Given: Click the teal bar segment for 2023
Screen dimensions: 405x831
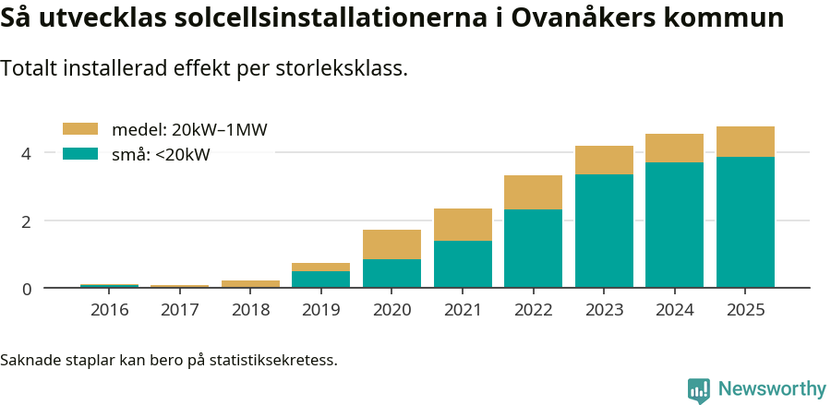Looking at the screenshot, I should (604, 231).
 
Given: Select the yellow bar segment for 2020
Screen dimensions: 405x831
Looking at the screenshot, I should (391, 244).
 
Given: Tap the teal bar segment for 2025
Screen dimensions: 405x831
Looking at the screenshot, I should (745, 222).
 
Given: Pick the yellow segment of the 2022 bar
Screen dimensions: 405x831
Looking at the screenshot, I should (533, 192).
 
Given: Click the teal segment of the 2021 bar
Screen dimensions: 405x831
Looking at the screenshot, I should (463, 264).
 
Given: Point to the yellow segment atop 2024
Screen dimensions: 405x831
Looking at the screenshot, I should (674, 148).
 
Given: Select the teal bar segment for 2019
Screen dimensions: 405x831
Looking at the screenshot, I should (320, 279).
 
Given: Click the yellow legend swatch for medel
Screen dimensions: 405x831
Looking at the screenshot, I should (79, 130).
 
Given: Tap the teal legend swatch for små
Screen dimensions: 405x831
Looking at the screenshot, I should (79, 154).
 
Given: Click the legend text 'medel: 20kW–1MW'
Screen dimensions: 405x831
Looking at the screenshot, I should (189, 130).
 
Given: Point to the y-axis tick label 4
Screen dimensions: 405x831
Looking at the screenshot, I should (27, 153).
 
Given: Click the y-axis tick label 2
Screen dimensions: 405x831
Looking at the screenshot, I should (27, 221).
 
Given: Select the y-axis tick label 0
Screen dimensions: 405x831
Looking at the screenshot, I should (27, 289).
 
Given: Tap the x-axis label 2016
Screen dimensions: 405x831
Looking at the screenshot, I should (109, 309).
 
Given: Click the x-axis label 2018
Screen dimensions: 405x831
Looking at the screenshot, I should (250, 309).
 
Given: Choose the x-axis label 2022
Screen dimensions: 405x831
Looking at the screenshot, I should (533, 309).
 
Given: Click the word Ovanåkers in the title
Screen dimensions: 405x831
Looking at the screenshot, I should (592, 18).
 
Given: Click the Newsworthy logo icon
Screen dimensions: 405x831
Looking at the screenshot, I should (699, 389).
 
